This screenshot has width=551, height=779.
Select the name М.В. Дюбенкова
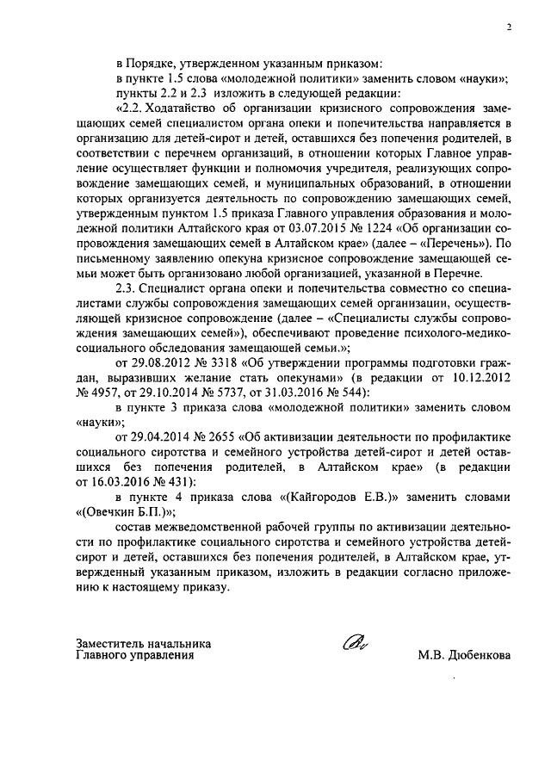tap(464, 655)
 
